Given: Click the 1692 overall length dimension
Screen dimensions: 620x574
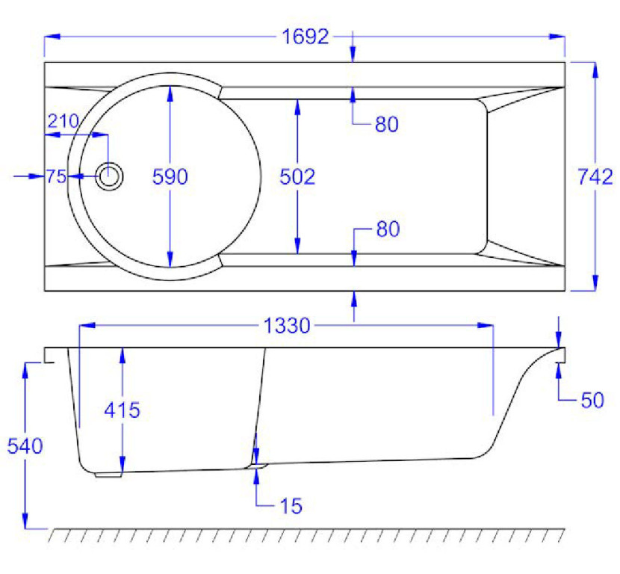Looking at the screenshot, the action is [305, 37].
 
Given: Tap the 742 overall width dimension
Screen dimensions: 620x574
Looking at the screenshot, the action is [595, 177].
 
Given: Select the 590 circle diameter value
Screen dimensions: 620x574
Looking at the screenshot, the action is [170, 177].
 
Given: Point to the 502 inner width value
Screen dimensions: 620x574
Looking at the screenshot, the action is [297, 177].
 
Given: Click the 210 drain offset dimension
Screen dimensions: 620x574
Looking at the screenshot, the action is [63, 121].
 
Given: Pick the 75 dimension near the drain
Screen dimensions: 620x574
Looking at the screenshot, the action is [56, 177].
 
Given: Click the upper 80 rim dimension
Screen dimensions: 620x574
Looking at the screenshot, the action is [387, 125].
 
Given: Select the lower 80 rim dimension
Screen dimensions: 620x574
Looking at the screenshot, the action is [388, 229].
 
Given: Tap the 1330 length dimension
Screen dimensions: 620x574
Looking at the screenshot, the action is [287, 327].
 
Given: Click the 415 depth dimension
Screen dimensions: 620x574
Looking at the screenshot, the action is [123, 410].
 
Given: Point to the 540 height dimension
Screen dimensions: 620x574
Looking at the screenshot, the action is [25, 446].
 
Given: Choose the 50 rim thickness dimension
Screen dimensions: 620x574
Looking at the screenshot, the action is [592, 401].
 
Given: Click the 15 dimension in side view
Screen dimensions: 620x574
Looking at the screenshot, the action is [291, 506].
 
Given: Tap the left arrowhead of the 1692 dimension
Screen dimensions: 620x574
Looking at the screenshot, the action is [52, 37].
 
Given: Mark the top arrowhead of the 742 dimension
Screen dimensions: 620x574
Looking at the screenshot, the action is [595, 70].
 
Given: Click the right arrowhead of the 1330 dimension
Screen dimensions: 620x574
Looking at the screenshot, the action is [486, 326].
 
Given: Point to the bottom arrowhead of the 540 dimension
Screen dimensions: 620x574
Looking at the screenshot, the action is [25, 521].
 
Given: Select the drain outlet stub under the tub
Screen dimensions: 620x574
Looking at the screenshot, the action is [108, 475].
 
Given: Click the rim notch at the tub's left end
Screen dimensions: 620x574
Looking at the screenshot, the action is [49, 355].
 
